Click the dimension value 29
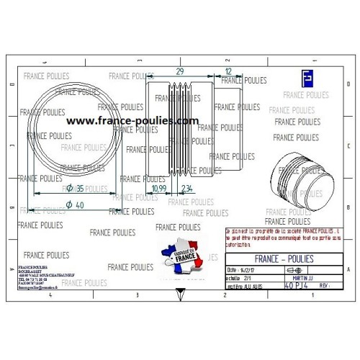coord(179,72)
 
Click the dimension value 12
coord(228,72)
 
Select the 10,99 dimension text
coord(160,188)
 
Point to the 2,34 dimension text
coord(186,188)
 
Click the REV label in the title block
coord(323,285)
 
